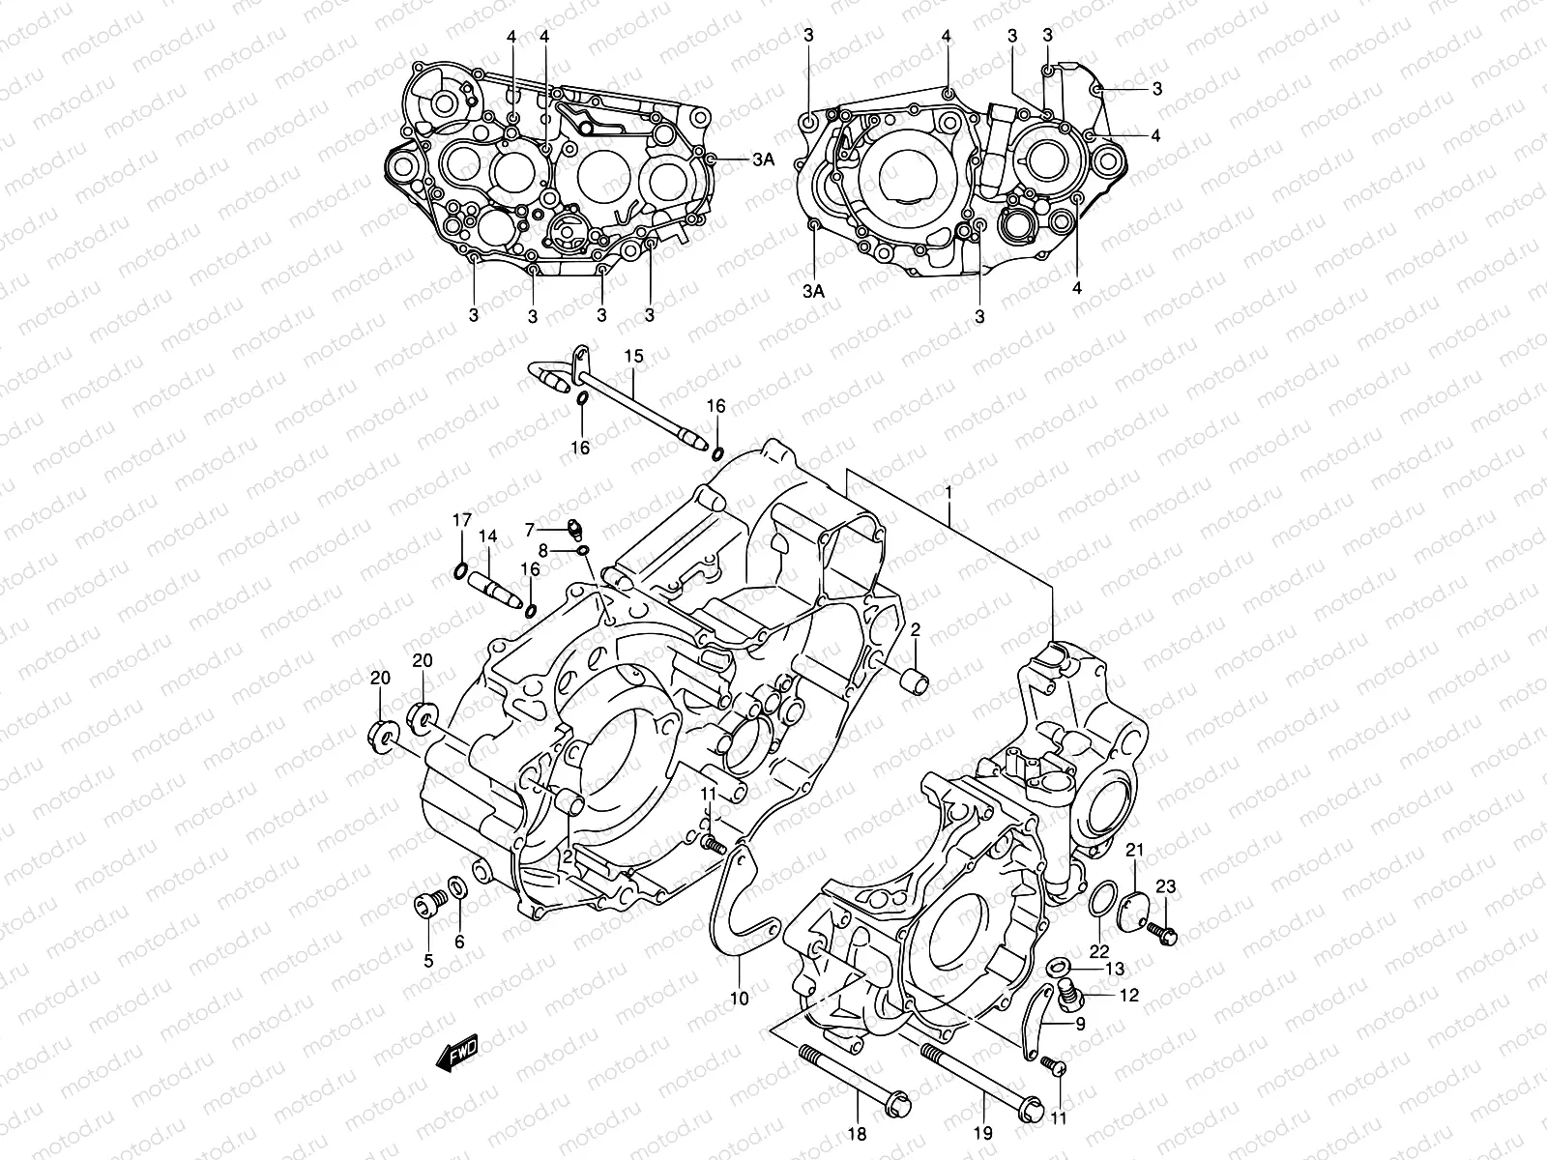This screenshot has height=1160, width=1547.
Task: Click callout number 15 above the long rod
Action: point(633,358)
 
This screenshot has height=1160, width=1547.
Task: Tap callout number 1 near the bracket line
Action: point(949,492)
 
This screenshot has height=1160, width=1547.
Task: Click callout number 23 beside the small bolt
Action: point(1166,886)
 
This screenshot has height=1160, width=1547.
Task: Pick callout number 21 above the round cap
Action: point(1134,850)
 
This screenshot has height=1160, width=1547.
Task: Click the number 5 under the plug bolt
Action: point(428,960)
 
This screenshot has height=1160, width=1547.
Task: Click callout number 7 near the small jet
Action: point(530,529)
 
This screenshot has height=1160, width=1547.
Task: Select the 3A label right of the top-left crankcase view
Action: point(763,161)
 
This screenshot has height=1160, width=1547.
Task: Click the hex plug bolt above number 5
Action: point(426,904)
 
